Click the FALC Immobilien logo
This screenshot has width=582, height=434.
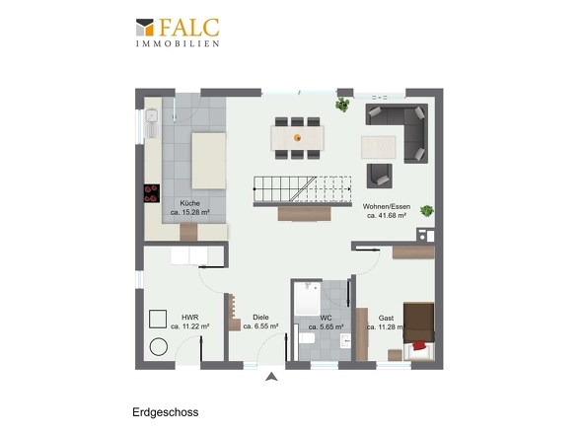click(x=178, y=33)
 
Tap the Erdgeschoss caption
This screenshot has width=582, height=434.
click(x=165, y=412)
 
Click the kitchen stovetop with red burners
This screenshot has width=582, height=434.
click(x=152, y=193)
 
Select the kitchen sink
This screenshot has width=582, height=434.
click(x=152, y=122)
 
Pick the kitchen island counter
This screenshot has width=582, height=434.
click(x=208, y=161)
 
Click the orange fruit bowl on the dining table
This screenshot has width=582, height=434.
click(x=297, y=138)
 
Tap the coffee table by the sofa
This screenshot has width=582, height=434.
click(x=378, y=147)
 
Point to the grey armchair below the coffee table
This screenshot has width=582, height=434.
click(x=380, y=176)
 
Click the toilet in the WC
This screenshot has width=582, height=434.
click(x=306, y=338)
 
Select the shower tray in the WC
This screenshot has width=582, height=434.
click(x=308, y=299)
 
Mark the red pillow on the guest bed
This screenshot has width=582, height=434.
click(x=419, y=345)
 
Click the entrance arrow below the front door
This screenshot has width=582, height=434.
click(x=271, y=377)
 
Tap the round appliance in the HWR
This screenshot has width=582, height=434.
click(x=159, y=347)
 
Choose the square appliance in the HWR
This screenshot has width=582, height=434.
click(x=158, y=319)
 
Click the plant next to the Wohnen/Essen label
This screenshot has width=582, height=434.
click(x=427, y=211)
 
